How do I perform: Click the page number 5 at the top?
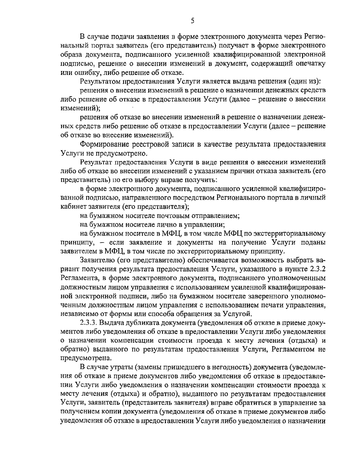[193, 21]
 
